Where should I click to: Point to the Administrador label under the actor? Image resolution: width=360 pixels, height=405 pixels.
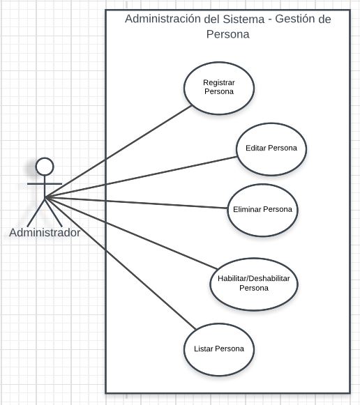(x=45, y=232)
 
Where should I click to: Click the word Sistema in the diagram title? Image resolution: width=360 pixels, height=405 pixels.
(x=243, y=19)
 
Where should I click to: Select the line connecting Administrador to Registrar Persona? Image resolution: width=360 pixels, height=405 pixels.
(x=118, y=152)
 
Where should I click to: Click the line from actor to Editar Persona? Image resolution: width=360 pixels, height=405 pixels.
(x=141, y=178)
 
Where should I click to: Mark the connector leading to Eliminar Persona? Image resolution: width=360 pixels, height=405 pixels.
(x=136, y=203)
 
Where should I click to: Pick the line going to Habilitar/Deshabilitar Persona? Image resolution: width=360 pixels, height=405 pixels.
(x=131, y=234)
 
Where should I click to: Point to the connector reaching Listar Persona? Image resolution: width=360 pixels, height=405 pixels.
(x=121, y=263)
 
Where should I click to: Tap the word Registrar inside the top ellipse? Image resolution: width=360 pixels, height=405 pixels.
(x=219, y=83)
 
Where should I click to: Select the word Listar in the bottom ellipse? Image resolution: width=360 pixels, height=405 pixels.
(x=204, y=349)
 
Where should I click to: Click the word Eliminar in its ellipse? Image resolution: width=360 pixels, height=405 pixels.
(x=247, y=209)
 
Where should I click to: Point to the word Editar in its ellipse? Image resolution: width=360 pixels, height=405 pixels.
(x=255, y=148)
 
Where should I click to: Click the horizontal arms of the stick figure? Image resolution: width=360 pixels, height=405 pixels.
(x=45, y=184)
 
